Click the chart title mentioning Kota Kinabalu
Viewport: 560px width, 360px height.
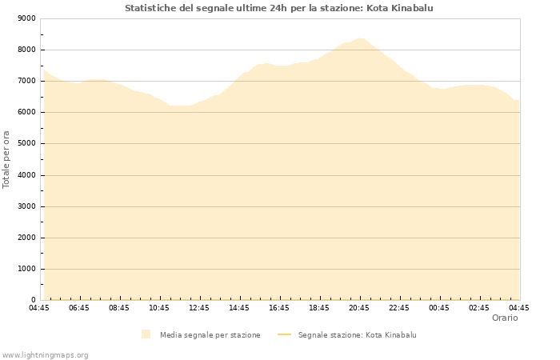coord(279,8)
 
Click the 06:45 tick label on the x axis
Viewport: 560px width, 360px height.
coord(79,308)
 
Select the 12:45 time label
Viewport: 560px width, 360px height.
coord(199,308)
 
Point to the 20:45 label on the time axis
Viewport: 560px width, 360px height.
coord(359,308)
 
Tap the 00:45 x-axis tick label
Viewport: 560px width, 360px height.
coord(439,308)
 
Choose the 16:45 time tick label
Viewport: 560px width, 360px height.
coord(279,308)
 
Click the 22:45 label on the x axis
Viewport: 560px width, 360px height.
coord(399,308)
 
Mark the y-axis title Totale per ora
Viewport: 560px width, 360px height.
coord(7,159)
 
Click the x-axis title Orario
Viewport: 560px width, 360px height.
coord(505,318)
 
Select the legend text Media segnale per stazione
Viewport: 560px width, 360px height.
coord(210,335)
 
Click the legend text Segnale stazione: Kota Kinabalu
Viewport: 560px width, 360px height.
coord(357,335)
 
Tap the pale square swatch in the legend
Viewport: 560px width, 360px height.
coord(146,334)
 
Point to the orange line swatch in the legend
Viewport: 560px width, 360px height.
coord(284,335)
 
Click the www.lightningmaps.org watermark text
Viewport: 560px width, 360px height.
coord(45,355)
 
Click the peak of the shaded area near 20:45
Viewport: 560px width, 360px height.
coord(361,38)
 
